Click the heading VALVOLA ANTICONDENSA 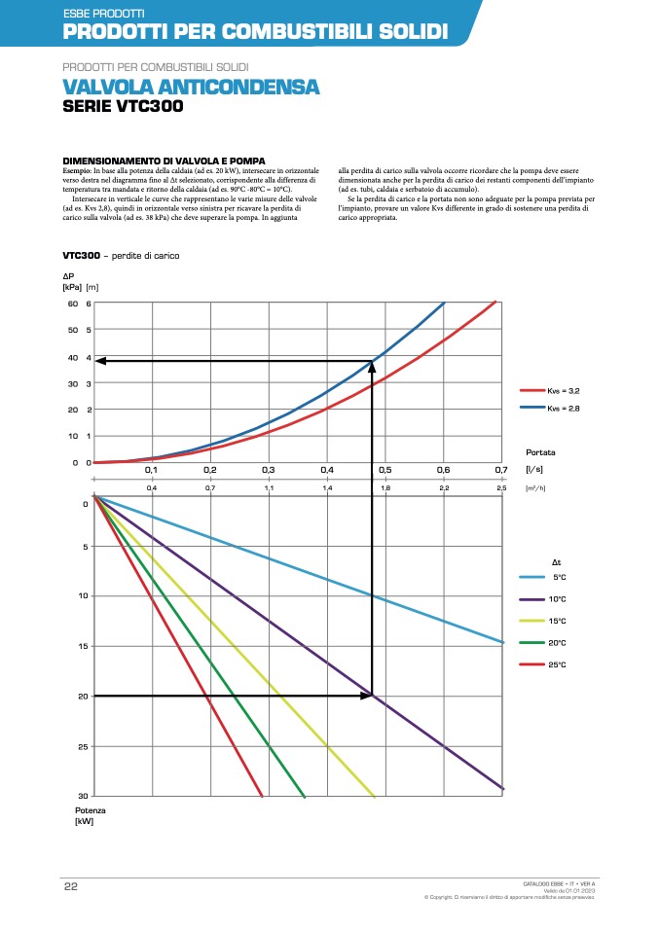coord(191,88)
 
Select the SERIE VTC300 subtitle coord(122,107)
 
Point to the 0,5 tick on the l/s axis coord(384,470)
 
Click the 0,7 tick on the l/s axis coord(501,470)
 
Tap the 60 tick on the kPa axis coord(72,304)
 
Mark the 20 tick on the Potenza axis coord(85,697)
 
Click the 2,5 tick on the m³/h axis coord(501,486)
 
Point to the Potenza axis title coord(90,809)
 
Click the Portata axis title coord(540,452)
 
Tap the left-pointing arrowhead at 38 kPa coord(100,361)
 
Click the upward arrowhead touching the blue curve coord(372,367)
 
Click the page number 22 coord(70,886)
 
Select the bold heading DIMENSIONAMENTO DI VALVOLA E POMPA coord(164,160)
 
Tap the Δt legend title coord(557,562)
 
